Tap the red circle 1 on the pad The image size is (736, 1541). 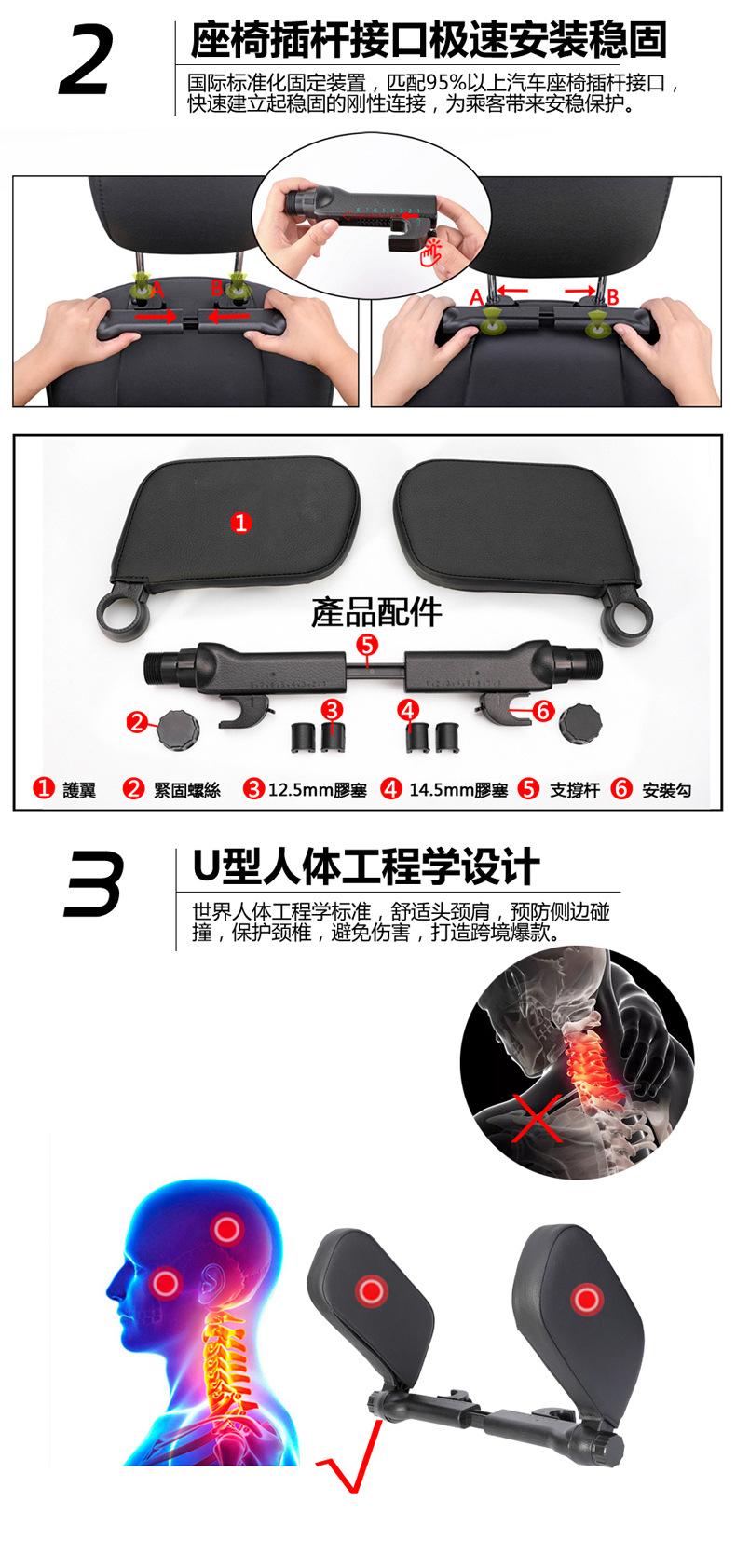click(x=240, y=523)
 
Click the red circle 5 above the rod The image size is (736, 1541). click(x=367, y=644)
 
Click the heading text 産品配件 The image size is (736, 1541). click(x=376, y=612)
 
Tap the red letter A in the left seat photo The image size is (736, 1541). click(x=157, y=291)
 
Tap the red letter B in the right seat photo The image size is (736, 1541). click(x=612, y=298)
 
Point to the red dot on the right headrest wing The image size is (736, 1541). click(x=586, y=1297)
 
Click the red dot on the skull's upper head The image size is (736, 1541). click(x=224, y=1229)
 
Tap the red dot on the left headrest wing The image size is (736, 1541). click(x=371, y=1291)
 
